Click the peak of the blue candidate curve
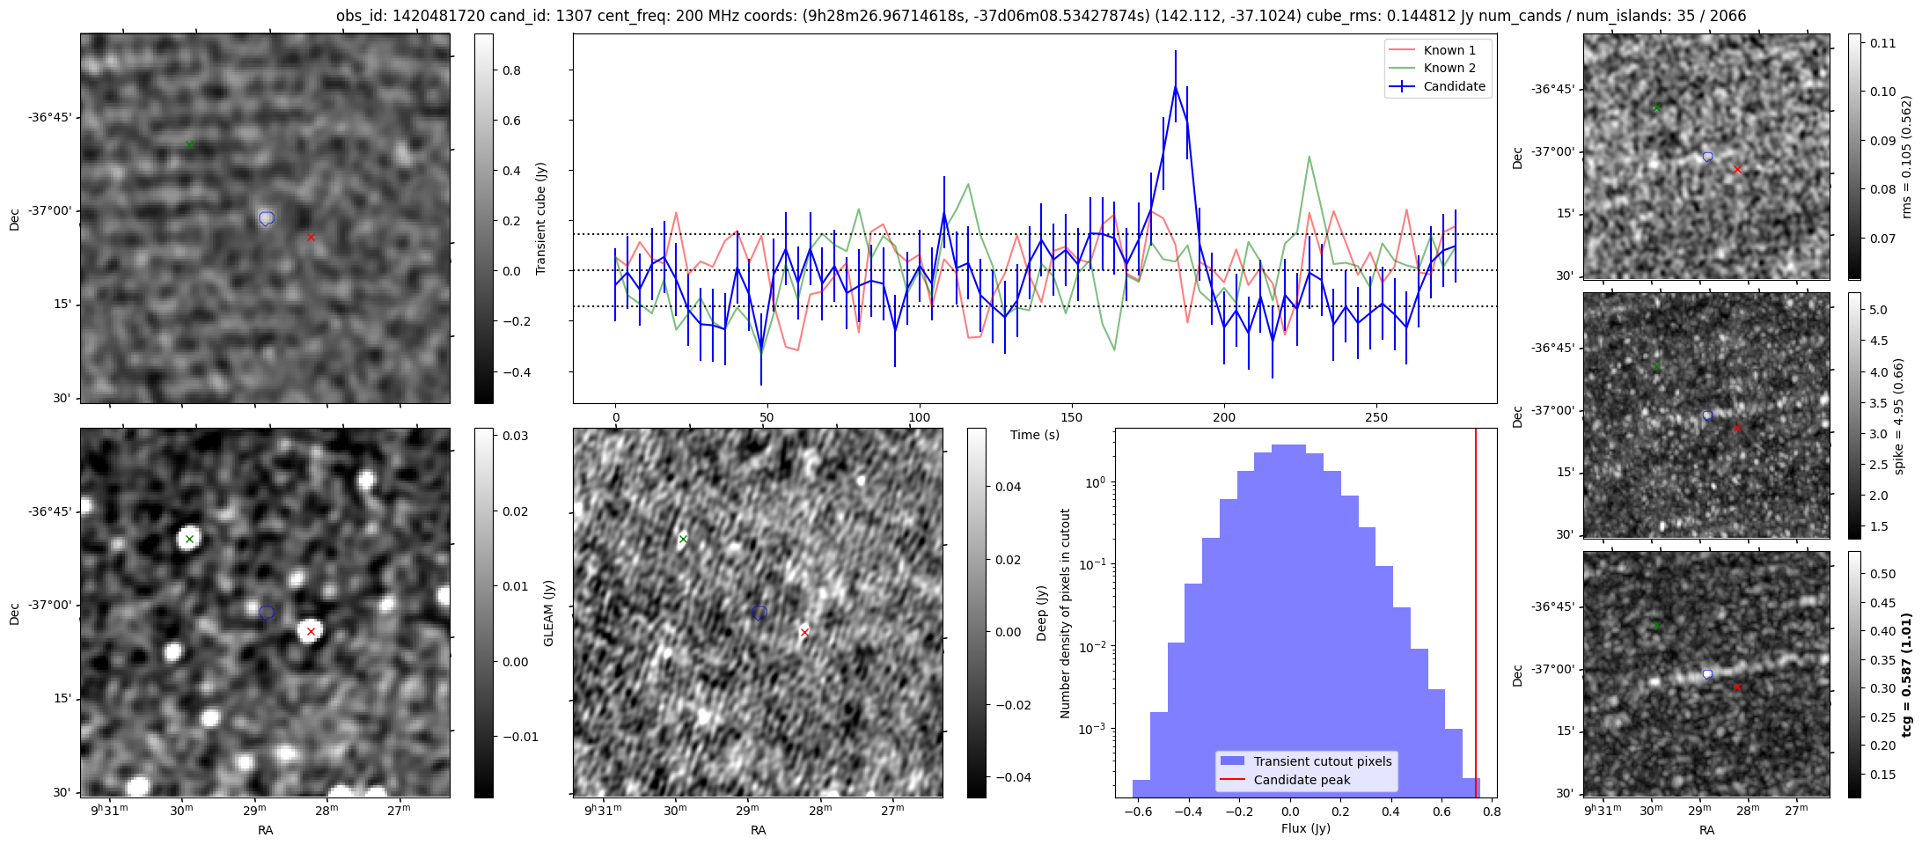[1175, 86]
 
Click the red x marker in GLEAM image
[311, 631]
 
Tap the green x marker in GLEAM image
[189, 539]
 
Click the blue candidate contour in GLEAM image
[267, 613]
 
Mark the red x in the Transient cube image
[311, 237]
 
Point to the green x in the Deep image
[683, 539]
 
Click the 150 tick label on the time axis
[1071, 417]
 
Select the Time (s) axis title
[1035, 435]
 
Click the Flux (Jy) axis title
[1306, 828]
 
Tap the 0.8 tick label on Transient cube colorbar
[511, 70]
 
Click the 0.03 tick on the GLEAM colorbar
[515, 436]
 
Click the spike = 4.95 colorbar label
[1898, 415]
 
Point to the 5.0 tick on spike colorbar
[1878, 310]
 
